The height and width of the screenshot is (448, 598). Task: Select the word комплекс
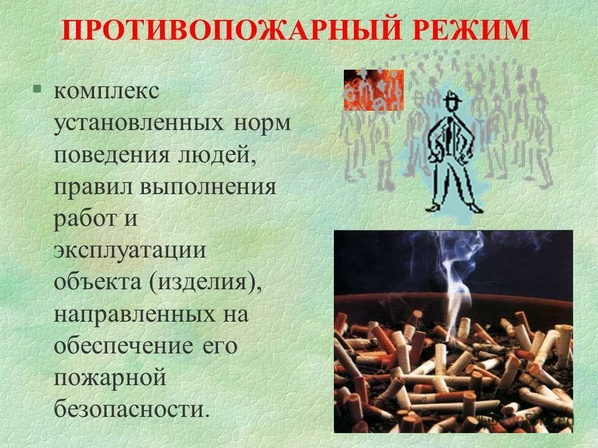(x=107, y=91)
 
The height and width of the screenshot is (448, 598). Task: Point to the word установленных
(x=138, y=123)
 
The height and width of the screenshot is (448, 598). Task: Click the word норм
(x=262, y=123)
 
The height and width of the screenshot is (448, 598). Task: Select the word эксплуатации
(x=130, y=251)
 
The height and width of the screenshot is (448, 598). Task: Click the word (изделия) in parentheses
(x=204, y=283)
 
